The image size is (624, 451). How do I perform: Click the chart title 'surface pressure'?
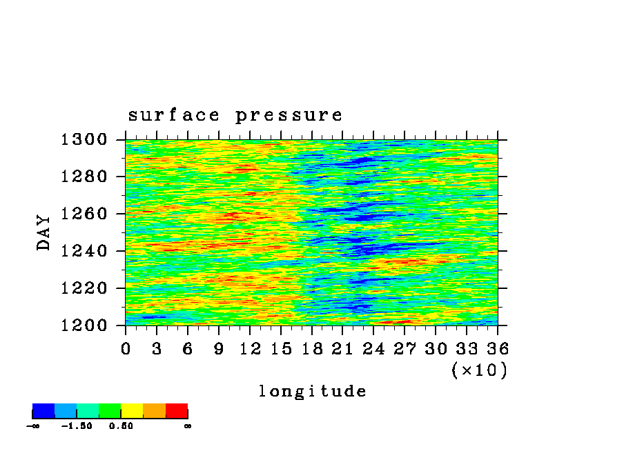click(235, 115)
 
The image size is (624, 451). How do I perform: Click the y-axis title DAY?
click(43, 232)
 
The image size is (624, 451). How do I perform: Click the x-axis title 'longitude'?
click(313, 391)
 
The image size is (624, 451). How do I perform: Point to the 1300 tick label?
click(84, 139)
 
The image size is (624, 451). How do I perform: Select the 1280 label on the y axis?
click(84, 176)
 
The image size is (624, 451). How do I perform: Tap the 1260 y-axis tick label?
click(84, 214)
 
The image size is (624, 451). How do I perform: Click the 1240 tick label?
click(84, 251)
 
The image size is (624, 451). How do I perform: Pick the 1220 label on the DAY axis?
click(84, 288)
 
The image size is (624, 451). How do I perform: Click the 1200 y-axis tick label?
click(84, 325)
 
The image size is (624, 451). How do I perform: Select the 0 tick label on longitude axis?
click(126, 349)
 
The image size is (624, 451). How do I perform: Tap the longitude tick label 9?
click(219, 349)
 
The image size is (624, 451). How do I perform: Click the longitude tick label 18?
click(312, 349)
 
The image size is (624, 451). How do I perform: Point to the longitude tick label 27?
click(404, 349)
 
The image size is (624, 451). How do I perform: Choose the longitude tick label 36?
click(498, 349)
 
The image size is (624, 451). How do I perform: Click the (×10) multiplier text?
click(480, 370)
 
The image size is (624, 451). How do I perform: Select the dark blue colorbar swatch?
click(43, 411)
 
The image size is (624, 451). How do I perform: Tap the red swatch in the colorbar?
click(177, 411)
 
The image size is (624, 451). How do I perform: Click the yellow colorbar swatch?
click(132, 411)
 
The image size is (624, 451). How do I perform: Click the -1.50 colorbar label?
click(77, 426)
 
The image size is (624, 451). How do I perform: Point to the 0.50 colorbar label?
click(121, 426)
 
